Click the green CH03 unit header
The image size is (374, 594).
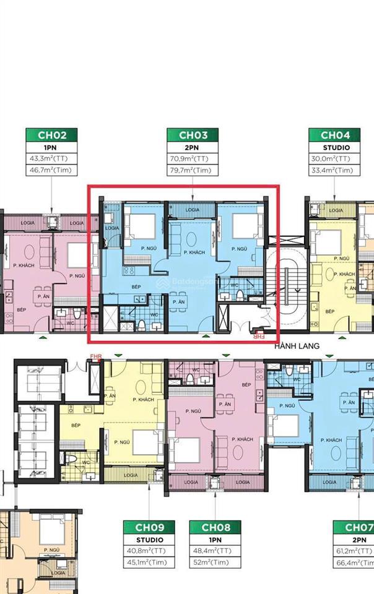[192, 135]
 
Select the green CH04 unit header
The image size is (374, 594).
[335, 135]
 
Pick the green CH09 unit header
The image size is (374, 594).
[149, 528]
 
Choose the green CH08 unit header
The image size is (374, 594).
[215, 528]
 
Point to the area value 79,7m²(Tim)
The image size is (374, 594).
[192, 171]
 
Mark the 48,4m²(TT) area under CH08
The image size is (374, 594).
[215, 551]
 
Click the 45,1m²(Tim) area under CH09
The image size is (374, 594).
[149, 562]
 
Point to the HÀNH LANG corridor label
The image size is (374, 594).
[297, 346]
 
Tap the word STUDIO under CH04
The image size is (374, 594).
[335, 148]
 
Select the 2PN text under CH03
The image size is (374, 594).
[192, 148]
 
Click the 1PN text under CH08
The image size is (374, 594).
[215, 540]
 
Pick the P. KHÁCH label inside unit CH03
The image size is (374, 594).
[193, 253]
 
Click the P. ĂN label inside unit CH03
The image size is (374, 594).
[178, 302]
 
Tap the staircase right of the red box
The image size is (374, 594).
[287, 273]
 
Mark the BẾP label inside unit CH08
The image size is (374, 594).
[246, 384]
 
